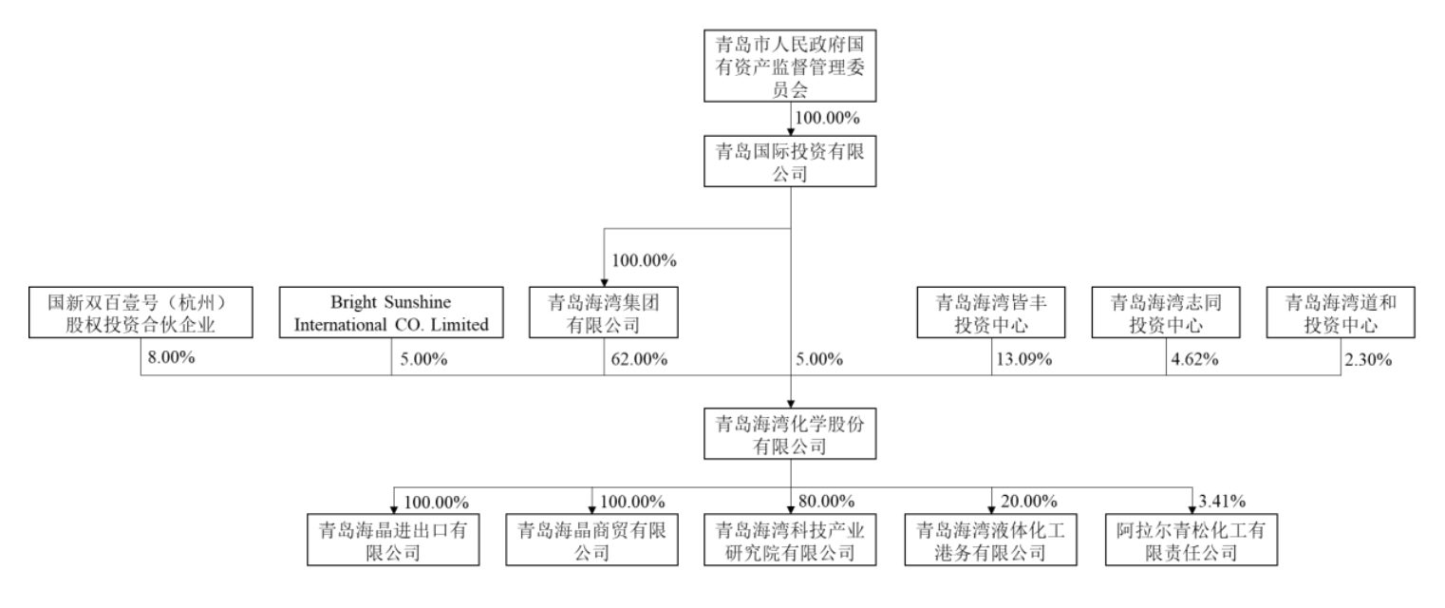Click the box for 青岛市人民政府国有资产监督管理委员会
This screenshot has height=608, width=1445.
790,66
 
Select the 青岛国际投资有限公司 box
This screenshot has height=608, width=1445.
790,161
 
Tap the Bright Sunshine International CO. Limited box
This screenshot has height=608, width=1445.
391,313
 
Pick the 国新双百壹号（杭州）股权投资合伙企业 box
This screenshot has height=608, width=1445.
141,313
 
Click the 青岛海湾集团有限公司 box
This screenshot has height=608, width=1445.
604,313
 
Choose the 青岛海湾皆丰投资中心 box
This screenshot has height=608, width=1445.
991,313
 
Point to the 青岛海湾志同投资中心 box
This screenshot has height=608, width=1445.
1166,313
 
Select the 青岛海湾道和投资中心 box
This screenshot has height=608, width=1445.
1341,313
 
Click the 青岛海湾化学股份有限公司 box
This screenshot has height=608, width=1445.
790,433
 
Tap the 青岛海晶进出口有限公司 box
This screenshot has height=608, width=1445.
393,540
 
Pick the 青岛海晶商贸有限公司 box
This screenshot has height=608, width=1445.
591,540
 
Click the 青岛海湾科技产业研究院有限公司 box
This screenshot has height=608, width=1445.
790,540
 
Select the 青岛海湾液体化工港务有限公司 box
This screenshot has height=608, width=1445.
990,540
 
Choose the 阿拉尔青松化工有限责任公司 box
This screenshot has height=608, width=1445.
1191,540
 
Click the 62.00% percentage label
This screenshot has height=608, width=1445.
639,359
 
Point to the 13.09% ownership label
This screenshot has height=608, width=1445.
1023,359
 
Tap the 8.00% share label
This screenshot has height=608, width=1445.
171,357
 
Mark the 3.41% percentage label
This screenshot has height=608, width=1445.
1222,501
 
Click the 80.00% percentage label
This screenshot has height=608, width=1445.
826,501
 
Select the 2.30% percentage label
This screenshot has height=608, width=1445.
1368,359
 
